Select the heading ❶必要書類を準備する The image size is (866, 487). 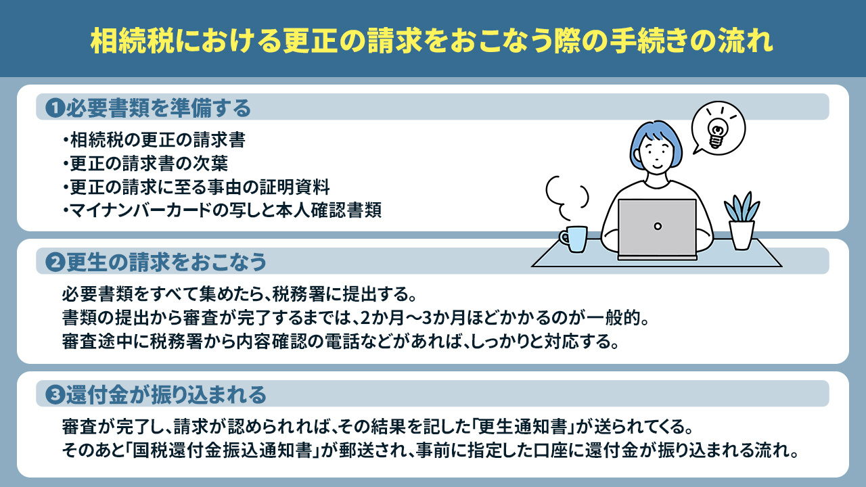tap(148, 108)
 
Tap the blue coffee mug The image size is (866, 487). tap(575, 238)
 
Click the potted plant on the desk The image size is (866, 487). tap(741, 221)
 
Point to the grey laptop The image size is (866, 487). tap(657, 228)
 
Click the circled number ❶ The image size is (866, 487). tap(54, 108)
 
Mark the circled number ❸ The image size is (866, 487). tap(54, 394)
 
